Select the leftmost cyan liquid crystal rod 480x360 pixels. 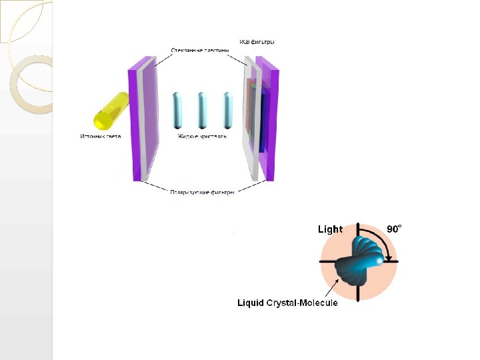pos(177,110)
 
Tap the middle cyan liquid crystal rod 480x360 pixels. pos(202,110)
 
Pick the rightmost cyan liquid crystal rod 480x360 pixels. pos(227,110)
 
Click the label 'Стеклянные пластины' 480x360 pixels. pos(200,50)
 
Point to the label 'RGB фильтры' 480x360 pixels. pos(257,42)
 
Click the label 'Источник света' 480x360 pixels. pos(100,137)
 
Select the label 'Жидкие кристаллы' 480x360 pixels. pos(202,137)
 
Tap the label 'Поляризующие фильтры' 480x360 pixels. pos(202,193)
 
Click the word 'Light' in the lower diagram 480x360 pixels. pos(330,229)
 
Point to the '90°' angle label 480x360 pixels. pos(395,229)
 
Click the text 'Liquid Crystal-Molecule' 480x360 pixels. pos(288,303)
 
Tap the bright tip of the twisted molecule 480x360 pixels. pos(384,262)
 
